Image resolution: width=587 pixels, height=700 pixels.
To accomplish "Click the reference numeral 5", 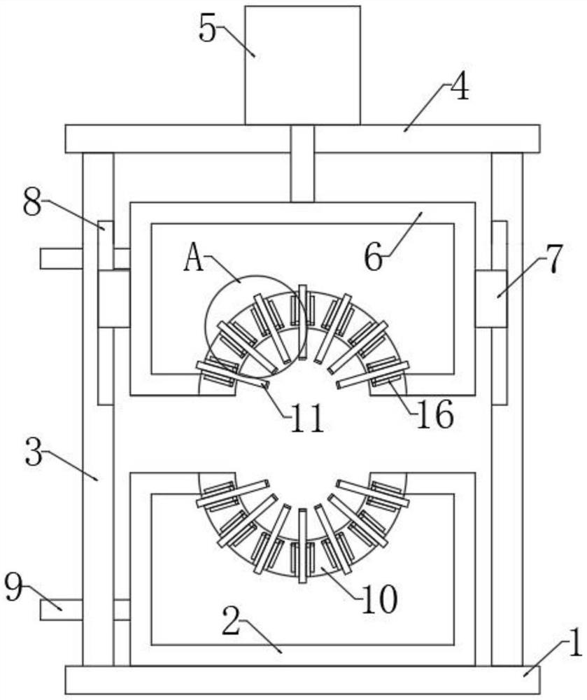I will point(207,29).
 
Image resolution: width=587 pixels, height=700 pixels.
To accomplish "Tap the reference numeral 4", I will point(459,91).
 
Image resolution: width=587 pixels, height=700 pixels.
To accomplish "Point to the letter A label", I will point(194,260).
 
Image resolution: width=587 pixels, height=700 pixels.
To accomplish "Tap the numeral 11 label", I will point(306,417).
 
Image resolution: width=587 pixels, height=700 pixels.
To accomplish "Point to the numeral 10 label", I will point(380,598).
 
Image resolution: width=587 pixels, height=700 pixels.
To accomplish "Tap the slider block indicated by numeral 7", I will point(491,299).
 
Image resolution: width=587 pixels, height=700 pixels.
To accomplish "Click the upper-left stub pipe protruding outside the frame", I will point(60,258).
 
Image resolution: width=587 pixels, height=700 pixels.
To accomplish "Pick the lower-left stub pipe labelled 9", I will point(60,609).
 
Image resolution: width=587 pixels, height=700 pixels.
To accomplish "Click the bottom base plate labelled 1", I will point(302,680).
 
